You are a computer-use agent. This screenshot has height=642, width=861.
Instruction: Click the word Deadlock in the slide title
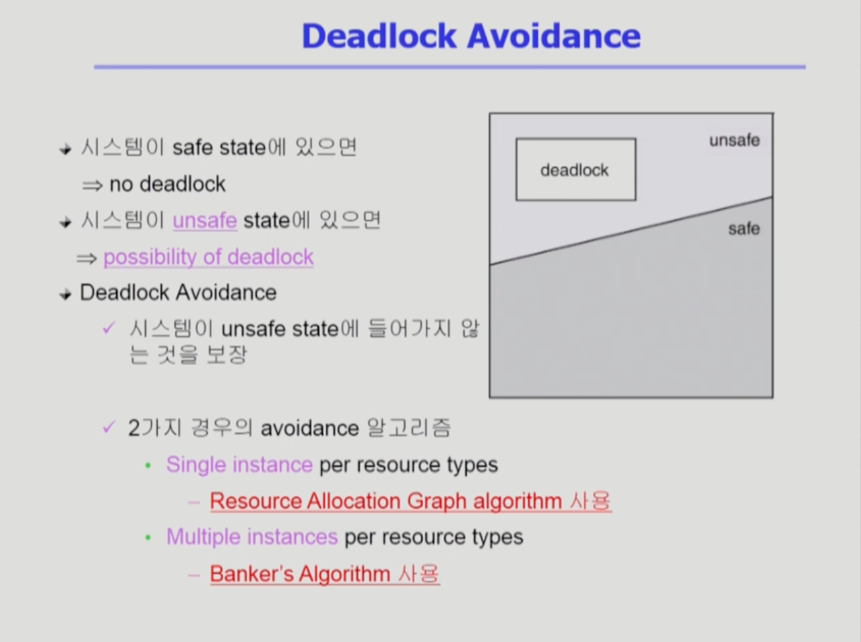click(379, 36)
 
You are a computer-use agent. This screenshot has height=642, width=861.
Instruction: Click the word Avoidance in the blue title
click(554, 36)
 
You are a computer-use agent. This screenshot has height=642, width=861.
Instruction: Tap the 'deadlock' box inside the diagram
click(576, 169)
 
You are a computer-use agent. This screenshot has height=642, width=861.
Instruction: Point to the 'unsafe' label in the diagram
click(734, 140)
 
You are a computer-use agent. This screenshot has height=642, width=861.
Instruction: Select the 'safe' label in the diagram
click(744, 229)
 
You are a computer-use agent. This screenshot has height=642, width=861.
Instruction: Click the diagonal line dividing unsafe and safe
click(632, 231)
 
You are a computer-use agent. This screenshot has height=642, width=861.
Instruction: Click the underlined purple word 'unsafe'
click(205, 221)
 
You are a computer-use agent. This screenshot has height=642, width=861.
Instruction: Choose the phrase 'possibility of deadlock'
click(209, 257)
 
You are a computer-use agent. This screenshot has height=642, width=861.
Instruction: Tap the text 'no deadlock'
click(168, 184)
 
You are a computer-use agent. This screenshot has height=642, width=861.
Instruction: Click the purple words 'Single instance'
click(239, 465)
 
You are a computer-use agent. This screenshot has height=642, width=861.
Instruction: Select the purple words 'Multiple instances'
click(252, 536)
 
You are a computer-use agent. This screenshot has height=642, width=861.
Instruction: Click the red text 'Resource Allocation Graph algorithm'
click(386, 501)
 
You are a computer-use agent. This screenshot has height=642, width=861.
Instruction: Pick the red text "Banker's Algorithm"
click(300, 574)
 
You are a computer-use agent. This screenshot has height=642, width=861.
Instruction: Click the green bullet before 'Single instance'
click(148, 466)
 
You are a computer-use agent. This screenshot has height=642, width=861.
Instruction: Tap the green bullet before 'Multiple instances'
click(148, 538)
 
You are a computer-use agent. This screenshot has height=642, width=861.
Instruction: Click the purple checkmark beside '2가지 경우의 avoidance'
click(109, 427)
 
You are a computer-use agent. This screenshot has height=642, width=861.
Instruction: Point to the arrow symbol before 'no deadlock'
click(92, 185)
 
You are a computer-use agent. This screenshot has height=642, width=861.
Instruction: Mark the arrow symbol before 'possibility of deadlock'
click(87, 259)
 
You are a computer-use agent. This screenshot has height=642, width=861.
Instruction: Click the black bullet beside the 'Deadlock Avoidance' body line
click(66, 294)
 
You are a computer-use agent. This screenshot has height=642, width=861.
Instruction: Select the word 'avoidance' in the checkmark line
click(310, 428)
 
